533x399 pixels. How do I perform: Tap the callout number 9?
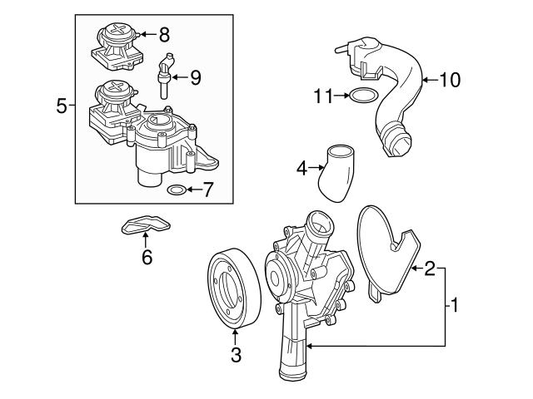pyautogui.click(x=195, y=78)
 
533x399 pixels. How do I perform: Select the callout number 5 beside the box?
pyautogui.click(x=61, y=106)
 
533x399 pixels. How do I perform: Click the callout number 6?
pyautogui.click(x=147, y=258)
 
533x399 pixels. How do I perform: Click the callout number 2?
pyautogui.click(x=430, y=268)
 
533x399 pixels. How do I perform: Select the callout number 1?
pyautogui.click(x=455, y=305)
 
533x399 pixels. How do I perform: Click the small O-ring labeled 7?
pyautogui.click(x=177, y=190)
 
